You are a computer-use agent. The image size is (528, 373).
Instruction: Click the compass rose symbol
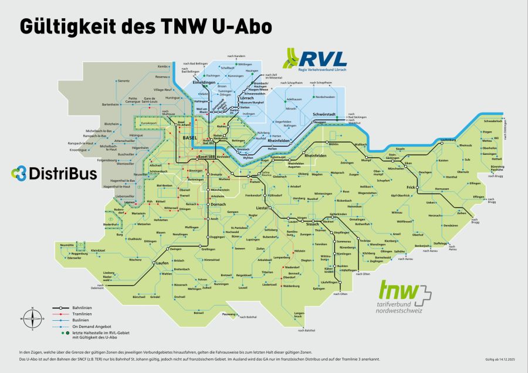click(x=33, y=319)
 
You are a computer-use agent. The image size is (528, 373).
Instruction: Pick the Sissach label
click(x=312, y=224)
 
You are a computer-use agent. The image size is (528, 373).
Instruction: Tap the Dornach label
click(x=218, y=204)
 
